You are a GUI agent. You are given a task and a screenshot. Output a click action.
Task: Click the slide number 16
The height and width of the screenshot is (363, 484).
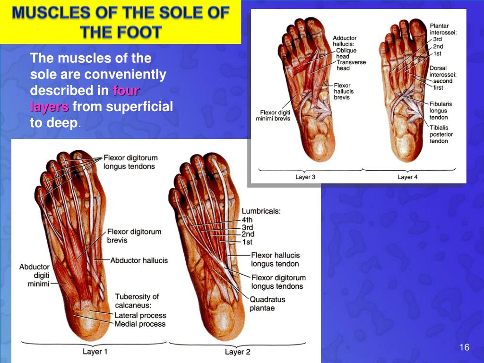464,348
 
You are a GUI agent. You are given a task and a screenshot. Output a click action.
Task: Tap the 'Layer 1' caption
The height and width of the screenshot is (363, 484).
95,352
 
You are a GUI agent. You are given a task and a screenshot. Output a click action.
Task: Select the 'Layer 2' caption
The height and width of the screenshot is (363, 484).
237,352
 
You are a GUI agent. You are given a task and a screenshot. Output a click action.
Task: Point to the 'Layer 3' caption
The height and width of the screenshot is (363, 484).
305,177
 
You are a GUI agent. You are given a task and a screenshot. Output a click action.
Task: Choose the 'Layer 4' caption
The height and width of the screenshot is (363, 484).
407,177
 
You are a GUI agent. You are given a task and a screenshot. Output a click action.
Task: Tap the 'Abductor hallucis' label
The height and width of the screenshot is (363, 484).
139,260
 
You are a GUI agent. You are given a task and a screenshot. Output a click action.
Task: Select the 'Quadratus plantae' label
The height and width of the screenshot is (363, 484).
267,304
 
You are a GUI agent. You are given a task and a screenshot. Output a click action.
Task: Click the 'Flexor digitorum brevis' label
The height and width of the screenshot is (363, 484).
134,236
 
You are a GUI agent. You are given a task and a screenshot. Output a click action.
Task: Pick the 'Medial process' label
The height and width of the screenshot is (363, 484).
140,324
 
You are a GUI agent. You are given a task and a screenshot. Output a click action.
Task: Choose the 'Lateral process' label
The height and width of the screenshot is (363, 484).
140,315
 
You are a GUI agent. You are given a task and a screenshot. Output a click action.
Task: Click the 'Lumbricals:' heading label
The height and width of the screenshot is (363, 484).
261,211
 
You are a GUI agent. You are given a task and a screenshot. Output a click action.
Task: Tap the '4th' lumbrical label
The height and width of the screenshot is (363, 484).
247,220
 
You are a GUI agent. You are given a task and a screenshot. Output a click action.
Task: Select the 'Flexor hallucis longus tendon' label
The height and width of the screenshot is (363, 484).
275,259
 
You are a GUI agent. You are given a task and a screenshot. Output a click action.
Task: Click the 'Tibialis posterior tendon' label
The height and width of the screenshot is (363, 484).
441,134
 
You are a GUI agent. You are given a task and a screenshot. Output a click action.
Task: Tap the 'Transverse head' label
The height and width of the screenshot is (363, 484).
351,65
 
